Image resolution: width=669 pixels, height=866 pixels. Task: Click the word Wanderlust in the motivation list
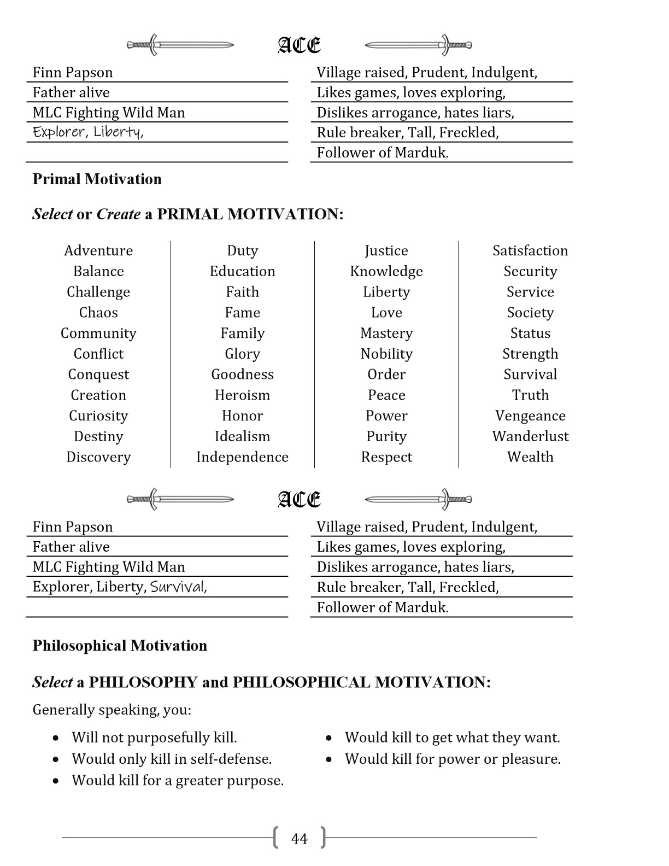click(530, 436)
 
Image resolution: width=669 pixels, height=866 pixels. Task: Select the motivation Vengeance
click(530, 416)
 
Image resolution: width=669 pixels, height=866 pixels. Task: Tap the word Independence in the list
click(242, 457)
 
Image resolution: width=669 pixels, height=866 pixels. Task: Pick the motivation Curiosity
click(98, 416)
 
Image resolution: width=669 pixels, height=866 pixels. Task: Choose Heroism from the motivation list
click(242, 395)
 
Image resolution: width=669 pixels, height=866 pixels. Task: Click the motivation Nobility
click(386, 354)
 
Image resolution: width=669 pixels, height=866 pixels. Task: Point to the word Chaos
click(98, 312)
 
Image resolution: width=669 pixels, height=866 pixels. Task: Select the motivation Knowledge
click(386, 271)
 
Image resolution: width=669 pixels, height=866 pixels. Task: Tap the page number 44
click(300, 839)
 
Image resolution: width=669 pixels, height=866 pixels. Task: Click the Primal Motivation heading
click(97, 179)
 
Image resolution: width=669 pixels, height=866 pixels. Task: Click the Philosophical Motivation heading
click(120, 646)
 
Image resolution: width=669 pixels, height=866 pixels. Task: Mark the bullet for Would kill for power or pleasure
click(329, 759)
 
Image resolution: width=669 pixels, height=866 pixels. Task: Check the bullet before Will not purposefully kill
click(56, 738)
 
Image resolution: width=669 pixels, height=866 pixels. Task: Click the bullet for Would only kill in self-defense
click(56, 759)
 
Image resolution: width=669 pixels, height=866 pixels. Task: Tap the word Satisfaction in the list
click(530, 250)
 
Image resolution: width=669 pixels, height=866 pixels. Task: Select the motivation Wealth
click(530, 457)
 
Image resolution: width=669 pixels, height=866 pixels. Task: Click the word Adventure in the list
click(98, 250)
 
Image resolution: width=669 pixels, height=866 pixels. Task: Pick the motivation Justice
click(386, 250)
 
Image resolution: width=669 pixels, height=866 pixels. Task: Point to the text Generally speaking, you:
click(112, 710)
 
